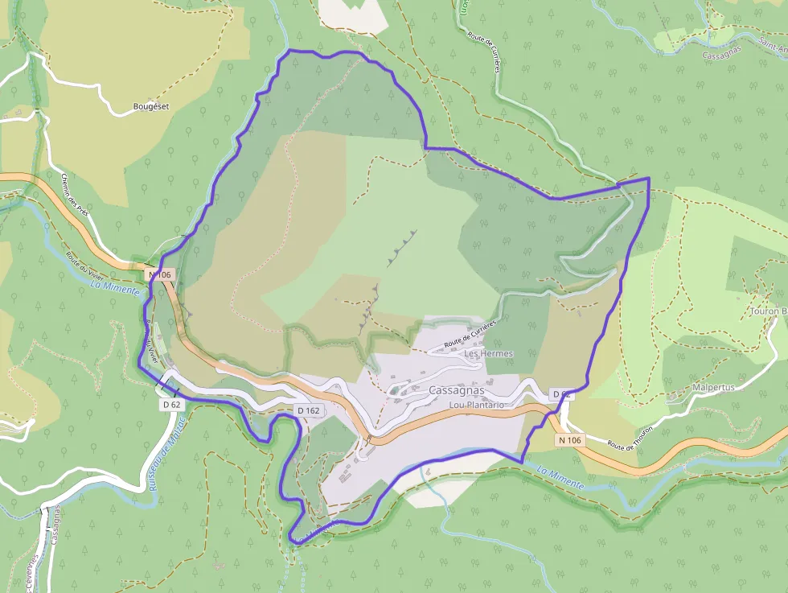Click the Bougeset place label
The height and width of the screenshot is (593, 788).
click(151, 106)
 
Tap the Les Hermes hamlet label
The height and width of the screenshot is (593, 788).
click(488, 353)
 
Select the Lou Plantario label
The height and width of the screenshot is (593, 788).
click(477, 405)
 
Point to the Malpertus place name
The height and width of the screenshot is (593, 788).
click(713, 387)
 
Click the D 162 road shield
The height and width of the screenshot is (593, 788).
click(309, 410)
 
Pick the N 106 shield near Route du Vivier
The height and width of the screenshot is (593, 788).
click(160, 275)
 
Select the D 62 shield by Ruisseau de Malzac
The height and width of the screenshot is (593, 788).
click(171, 405)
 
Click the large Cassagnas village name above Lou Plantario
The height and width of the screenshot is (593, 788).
click(457, 390)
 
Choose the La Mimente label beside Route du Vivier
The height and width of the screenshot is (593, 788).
click(115, 286)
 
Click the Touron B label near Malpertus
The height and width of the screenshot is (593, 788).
click(768, 311)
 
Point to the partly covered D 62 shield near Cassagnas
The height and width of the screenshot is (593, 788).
click(561, 394)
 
